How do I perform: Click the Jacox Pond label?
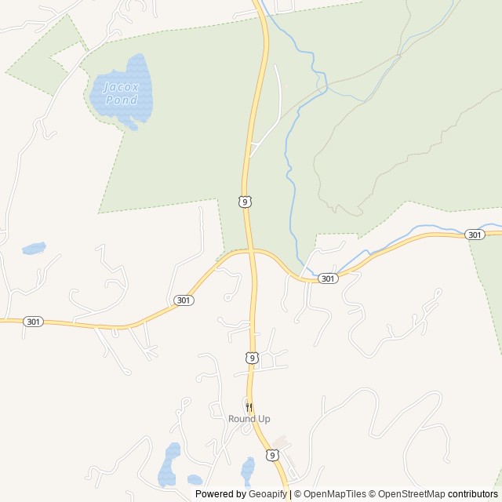(x=122, y=94)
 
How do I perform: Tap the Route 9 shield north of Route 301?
(x=246, y=202)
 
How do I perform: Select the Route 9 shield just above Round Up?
(x=251, y=358)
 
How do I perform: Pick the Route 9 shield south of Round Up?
(x=271, y=455)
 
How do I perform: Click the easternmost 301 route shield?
(x=474, y=235)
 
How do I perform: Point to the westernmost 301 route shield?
(x=33, y=322)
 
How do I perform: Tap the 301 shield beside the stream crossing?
(x=328, y=278)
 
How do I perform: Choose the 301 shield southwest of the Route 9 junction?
(x=183, y=300)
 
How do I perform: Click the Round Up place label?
(x=249, y=419)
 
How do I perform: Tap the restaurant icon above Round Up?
(x=249, y=407)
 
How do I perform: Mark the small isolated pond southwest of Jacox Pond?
(x=34, y=249)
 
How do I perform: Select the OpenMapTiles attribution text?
(x=335, y=494)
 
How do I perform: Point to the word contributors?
(x=473, y=494)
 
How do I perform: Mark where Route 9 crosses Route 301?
(x=251, y=251)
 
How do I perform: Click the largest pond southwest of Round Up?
(x=169, y=464)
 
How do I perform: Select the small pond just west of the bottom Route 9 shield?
(x=248, y=469)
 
